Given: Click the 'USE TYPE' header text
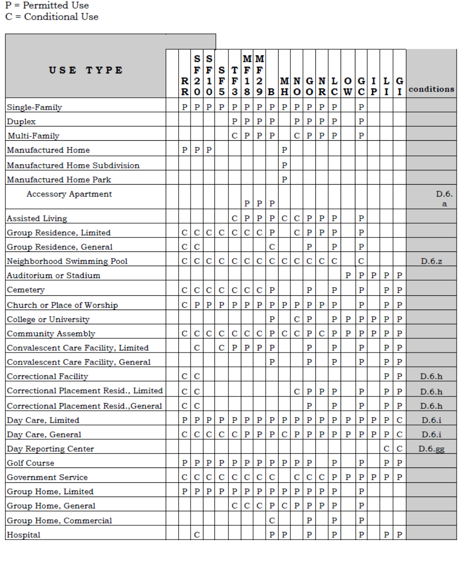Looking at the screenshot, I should [86, 70].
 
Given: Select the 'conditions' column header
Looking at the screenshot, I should [431, 89].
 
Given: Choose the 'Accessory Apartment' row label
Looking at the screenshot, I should [69, 194].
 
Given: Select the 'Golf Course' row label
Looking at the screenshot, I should [31, 463].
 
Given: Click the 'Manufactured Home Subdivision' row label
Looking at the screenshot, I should [73, 166].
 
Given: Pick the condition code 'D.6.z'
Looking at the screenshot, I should [431, 261].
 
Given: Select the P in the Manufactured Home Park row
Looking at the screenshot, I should [284, 180].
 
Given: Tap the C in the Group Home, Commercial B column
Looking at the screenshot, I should [272, 520].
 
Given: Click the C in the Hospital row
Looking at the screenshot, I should [197, 535].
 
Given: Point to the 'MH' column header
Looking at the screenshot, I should [284, 85].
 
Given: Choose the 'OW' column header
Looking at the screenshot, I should [348, 85].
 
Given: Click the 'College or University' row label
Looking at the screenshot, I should [48, 320].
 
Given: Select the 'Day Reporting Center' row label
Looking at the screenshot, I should [51, 449].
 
